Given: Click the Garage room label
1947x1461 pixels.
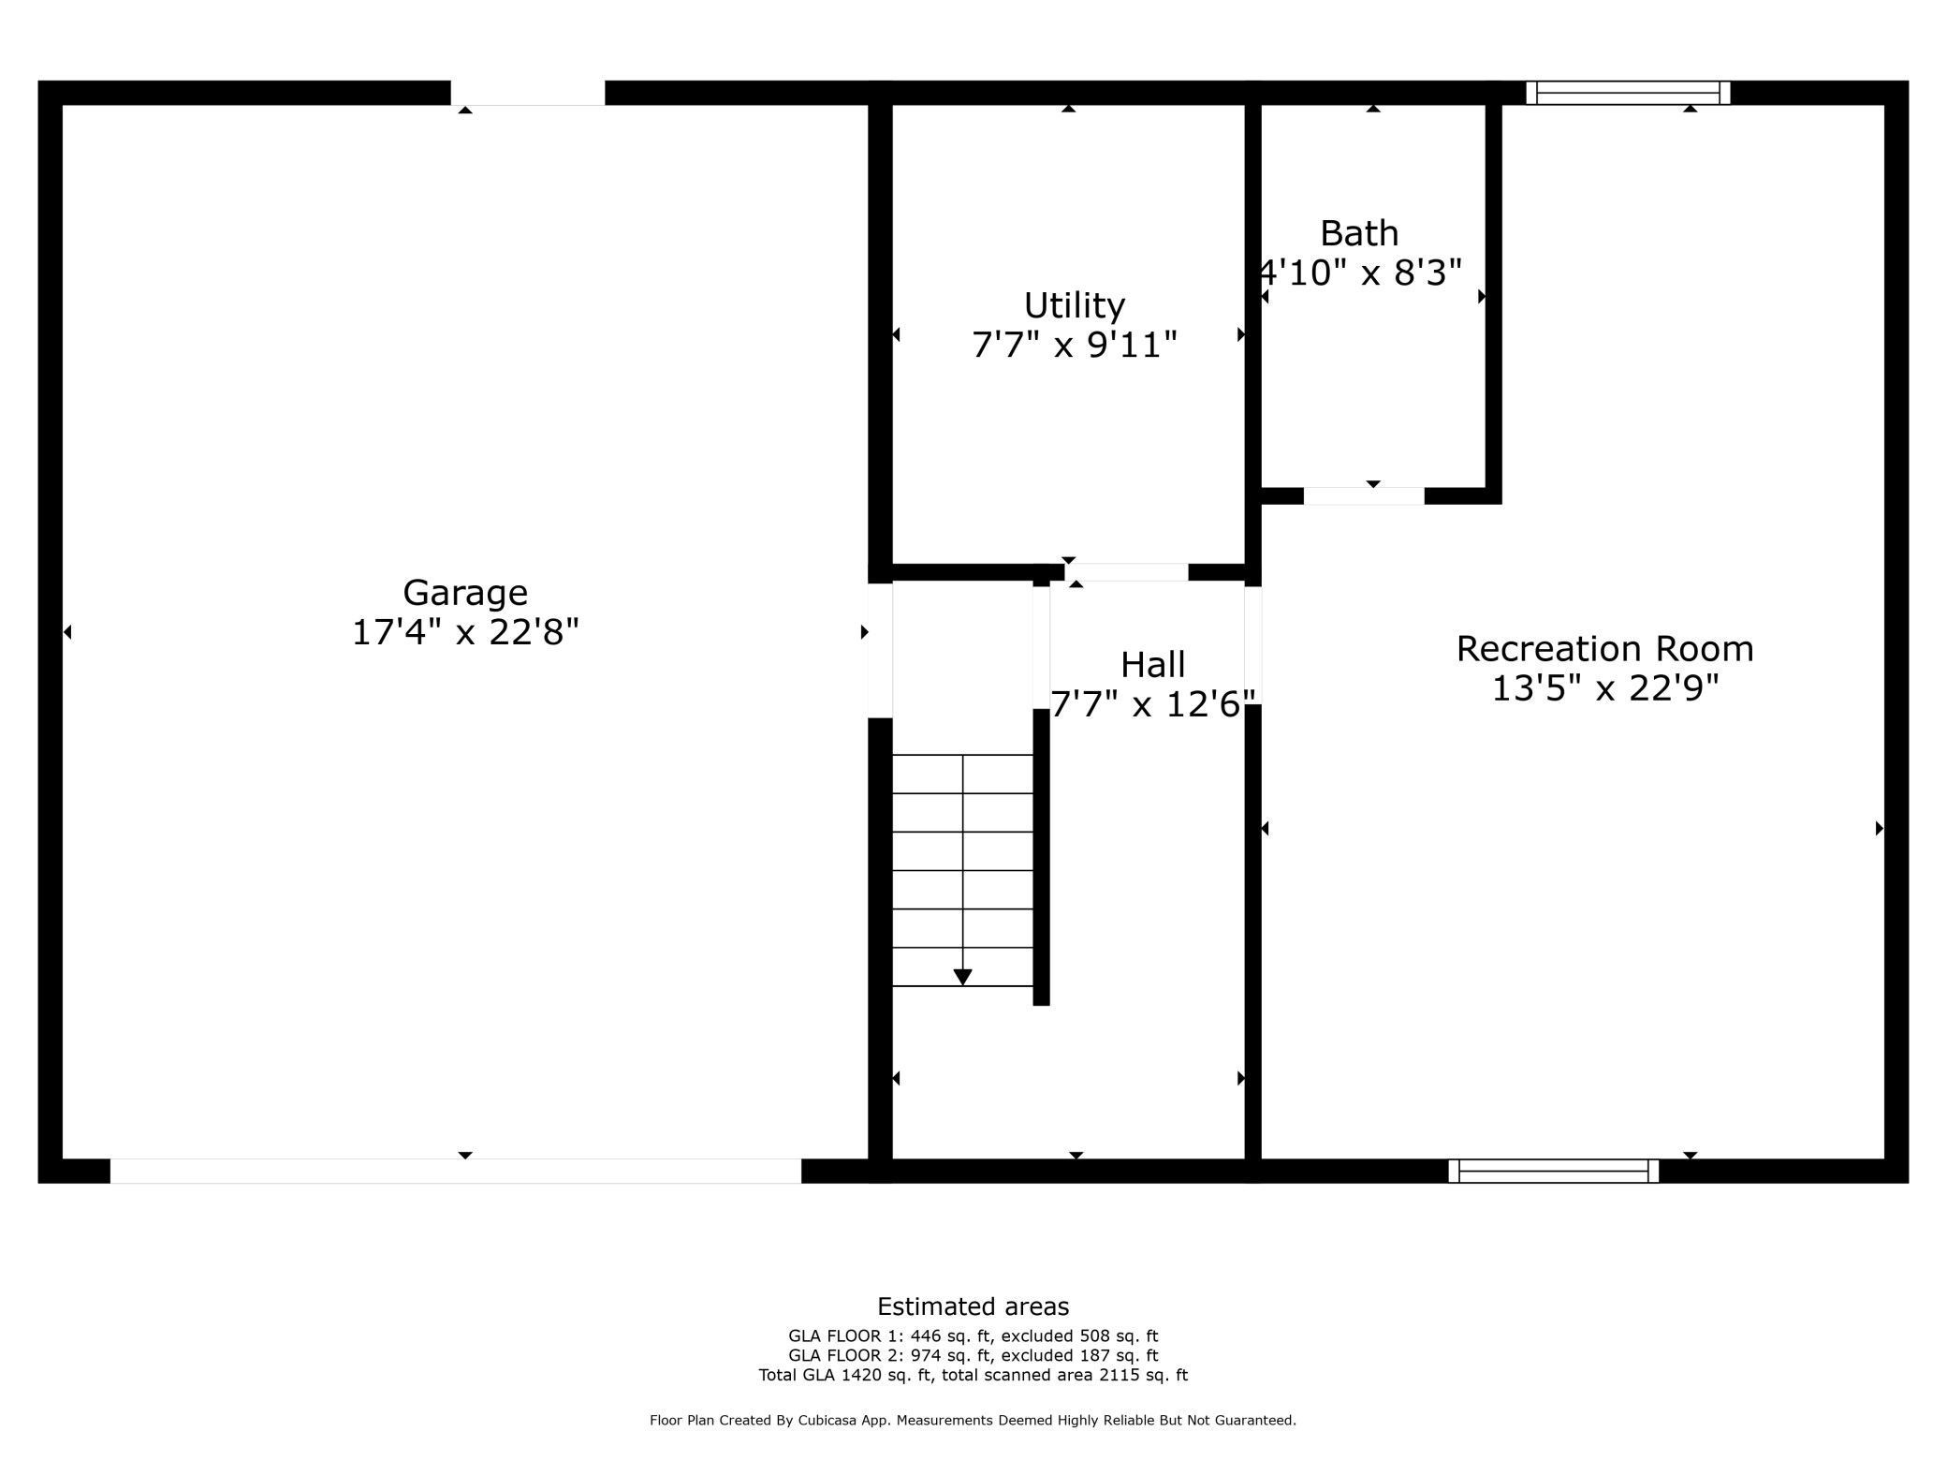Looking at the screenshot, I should point(465,593).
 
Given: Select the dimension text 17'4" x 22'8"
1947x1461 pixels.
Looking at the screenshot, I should point(465,633).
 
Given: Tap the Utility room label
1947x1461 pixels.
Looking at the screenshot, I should point(1074,305).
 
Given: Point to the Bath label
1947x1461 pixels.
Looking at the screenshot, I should point(1359,233).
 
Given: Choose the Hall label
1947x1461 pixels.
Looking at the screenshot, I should point(1152,665).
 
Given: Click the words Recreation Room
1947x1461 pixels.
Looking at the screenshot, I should point(1604,649).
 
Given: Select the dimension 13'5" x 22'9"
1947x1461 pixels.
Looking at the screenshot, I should point(1604,689).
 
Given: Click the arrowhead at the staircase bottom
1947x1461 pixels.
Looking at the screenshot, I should point(962,977).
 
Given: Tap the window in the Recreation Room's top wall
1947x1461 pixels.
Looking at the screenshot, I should point(1628,93).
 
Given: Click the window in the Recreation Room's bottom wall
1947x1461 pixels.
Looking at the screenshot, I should point(1554,1171).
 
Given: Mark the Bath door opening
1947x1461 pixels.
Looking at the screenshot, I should point(1364,496).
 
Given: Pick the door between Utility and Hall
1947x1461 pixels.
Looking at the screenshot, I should point(1126,572).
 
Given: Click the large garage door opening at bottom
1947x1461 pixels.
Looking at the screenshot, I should point(456,1171).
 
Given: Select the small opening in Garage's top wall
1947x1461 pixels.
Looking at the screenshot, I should point(528,93).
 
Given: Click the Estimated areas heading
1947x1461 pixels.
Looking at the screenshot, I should point(973,1306).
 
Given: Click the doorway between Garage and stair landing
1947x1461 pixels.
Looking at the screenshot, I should point(880,650).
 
